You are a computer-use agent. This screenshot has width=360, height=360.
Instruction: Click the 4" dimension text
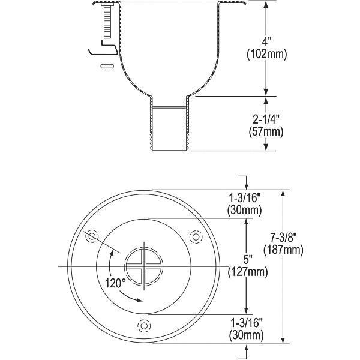click(x=266, y=43)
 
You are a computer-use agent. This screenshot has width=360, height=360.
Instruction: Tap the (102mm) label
click(x=267, y=55)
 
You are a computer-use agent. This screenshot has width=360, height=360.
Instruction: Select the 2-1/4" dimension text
click(x=266, y=120)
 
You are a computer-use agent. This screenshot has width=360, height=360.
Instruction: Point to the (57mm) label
click(x=266, y=132)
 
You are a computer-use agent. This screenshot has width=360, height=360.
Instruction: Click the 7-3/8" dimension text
click(x=283, y=238)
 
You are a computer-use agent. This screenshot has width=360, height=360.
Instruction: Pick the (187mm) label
click(x=283, y=250)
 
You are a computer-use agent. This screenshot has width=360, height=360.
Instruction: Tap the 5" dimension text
click(x=248, y=260)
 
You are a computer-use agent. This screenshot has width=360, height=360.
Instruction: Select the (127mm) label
click(x=248, y=272)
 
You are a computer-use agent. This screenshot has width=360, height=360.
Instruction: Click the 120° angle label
click(x=115, y=283)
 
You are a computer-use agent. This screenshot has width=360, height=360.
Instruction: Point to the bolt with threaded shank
click(x=107, y=20)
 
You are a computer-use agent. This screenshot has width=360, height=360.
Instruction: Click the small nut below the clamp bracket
click(x=107, y=66)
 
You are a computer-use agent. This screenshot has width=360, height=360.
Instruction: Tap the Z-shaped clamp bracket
click(x=103, y=48)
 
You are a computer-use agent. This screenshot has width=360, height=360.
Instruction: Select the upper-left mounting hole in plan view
click(x=92, y=236)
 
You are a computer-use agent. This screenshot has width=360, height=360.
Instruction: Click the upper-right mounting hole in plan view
click(x=196, y=236)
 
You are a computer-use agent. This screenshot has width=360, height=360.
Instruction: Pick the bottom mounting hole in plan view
click(x=144, y=326)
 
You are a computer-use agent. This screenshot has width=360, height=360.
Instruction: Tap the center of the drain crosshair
click(x=144, y=266)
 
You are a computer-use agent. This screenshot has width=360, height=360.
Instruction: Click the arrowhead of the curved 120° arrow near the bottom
click(x=140, y=300)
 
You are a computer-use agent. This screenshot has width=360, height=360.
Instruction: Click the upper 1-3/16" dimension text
click(x=244, y=198)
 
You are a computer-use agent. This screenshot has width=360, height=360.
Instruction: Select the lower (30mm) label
click(x=246, y=335)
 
